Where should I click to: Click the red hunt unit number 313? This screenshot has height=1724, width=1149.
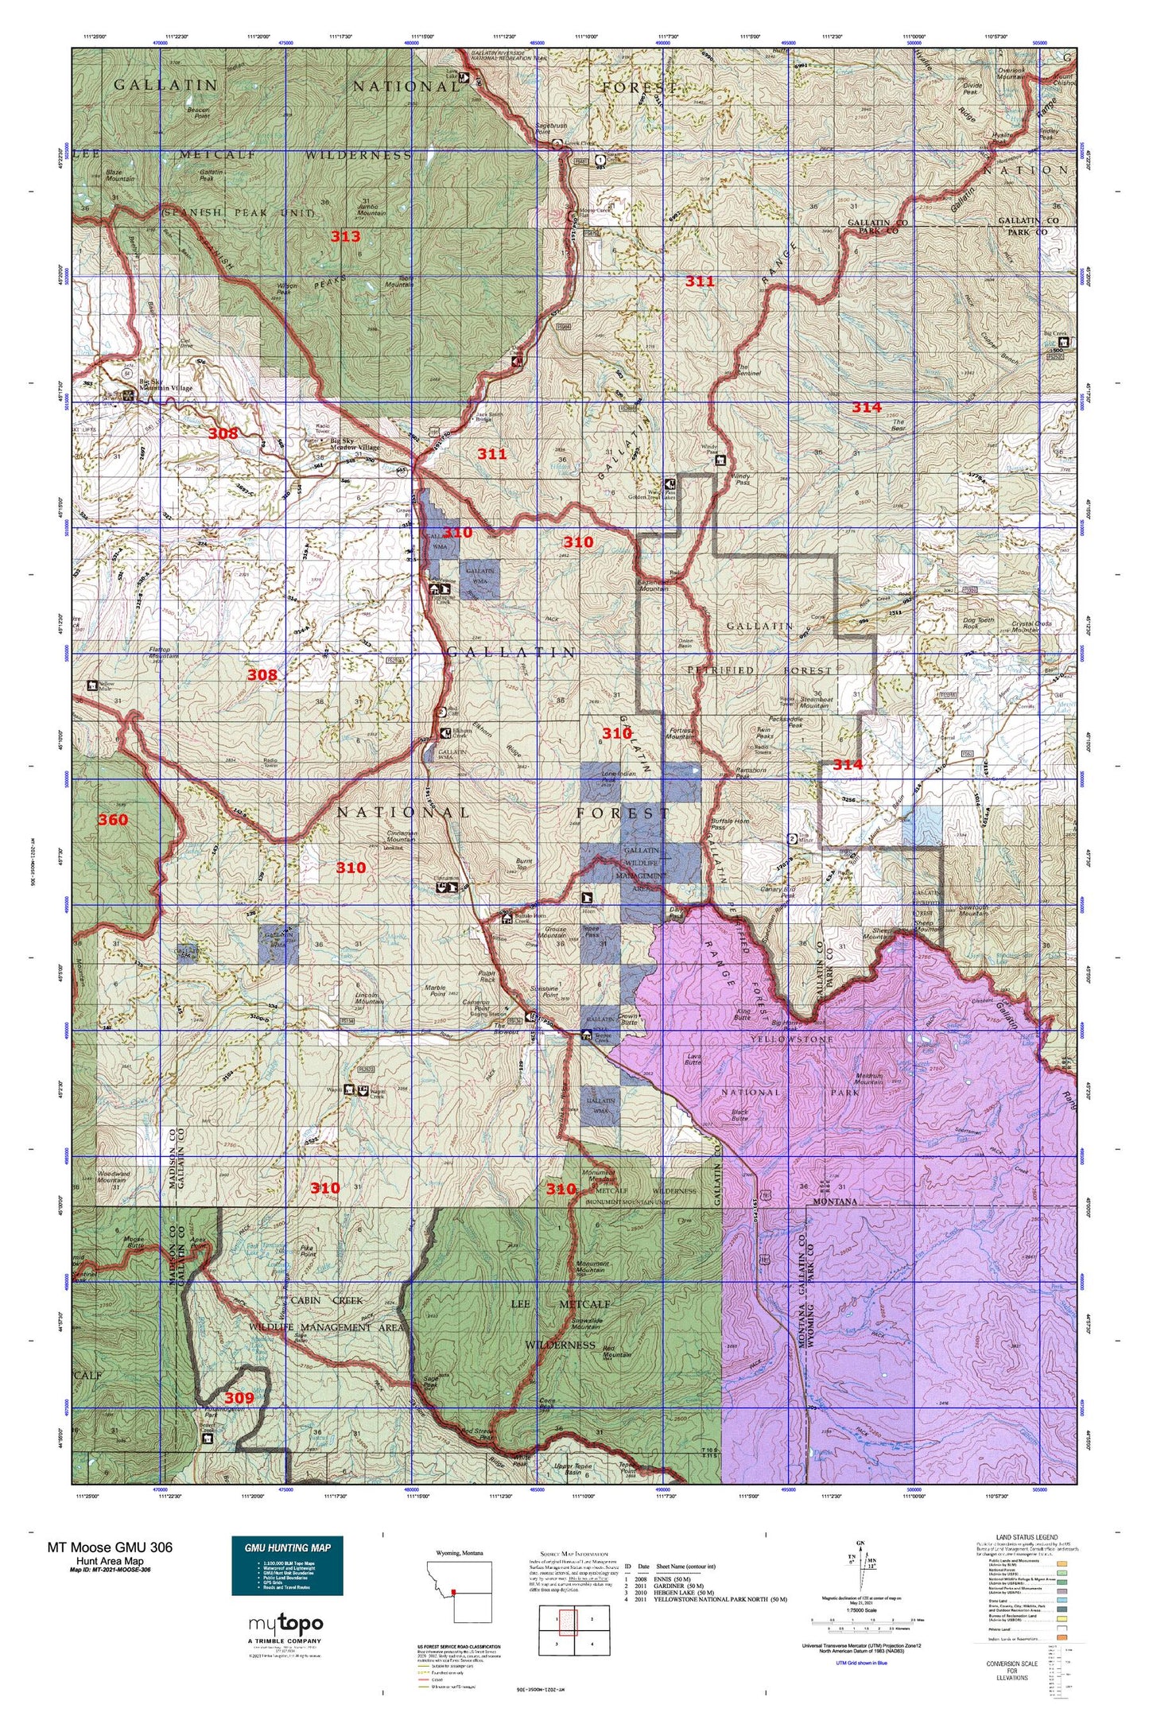pos(345,236)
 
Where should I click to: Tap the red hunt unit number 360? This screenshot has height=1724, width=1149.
pos(112,820)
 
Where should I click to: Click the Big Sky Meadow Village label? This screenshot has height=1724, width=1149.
pos(355,443)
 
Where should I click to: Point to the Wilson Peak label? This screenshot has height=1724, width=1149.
pos(287,289)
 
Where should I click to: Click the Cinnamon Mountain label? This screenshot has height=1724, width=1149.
pos(401,837)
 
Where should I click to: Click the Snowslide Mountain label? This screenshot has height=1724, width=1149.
pos(586,1323)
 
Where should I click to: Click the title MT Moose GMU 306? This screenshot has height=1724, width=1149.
pos(109,1547)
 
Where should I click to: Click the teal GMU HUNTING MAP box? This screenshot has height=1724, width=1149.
pos(287,1566)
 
